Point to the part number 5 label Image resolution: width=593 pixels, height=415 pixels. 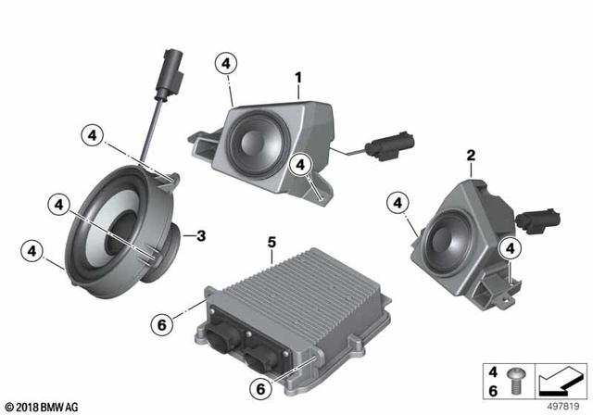(271, 243)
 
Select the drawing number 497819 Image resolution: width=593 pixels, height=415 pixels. (563, 405)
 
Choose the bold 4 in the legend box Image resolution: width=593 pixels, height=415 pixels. (493, 370)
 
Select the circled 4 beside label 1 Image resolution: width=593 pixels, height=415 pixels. (226, 64)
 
